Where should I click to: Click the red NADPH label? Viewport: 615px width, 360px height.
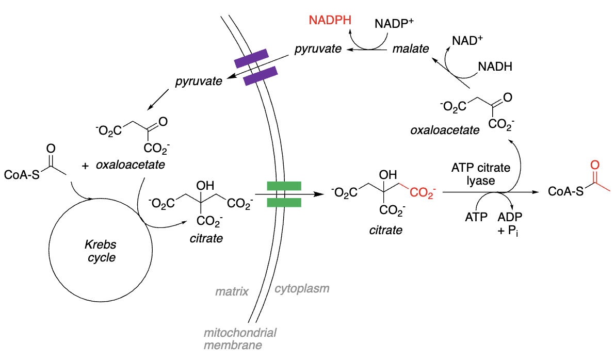tap(330, 21)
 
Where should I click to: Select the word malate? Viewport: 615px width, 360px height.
tap(410, 49)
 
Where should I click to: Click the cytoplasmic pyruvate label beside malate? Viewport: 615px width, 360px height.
tap(318, 49)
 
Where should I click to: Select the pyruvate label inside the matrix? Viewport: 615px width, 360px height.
tap(199, 81)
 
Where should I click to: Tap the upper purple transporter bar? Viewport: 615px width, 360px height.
tap(251, 58)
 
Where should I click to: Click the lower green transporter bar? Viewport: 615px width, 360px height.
tap(283, 202)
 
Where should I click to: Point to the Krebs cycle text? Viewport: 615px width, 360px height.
tap(102, 252)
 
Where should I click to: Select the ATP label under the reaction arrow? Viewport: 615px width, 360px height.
tap(476, 217)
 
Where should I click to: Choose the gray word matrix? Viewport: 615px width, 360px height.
tap(232, 292)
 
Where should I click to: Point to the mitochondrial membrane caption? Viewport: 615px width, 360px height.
tap(239, 338)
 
